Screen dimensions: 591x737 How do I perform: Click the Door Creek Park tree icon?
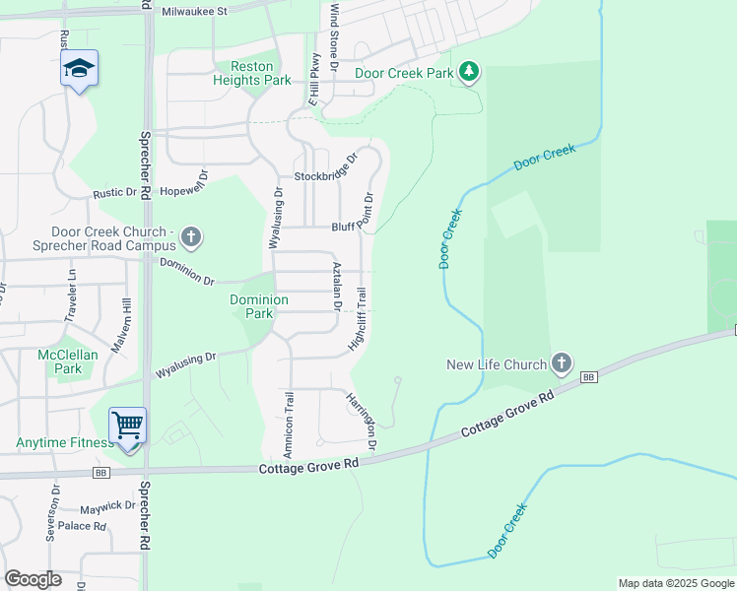pyautogui.click(x=470, y=72)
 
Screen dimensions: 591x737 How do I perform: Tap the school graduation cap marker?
pyautogui.click(x=79, y=68)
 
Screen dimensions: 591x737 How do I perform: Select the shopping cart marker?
pyautogui.click(x=128, y=426)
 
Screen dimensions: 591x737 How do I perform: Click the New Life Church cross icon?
pyautogui.click(x=562, y=363)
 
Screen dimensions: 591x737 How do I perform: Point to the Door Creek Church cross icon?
pyautogui.click(x=191, y=237)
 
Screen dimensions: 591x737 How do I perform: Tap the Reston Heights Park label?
pyautogui.click(x=245, y=73)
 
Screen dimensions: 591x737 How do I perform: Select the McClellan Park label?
pyautogui.click(x=59, y=361)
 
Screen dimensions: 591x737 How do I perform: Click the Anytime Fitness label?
pyautogui.click(x=64, y=442)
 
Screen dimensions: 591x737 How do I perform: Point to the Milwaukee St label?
pyautogui.click(x=195, y=11)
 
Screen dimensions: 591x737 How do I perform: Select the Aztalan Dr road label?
pyautogui.click(x=337, y=287)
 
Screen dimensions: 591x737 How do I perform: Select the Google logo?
pyautogui.click(x=33, y=579)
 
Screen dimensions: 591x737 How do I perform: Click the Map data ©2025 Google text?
pyautogui.click(x=675, y=583)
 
